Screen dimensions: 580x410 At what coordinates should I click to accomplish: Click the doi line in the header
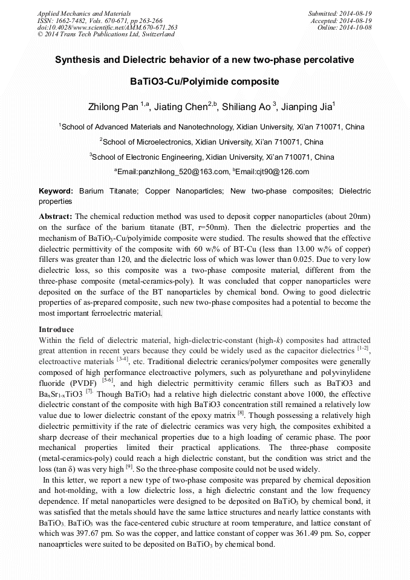(x=107, y=27)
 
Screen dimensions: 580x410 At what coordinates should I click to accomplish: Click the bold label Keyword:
(x=56, y=191)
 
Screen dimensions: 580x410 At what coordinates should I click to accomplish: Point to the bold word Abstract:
(x=56, y=216)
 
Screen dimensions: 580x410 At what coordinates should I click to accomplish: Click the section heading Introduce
(x=56, y=330)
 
